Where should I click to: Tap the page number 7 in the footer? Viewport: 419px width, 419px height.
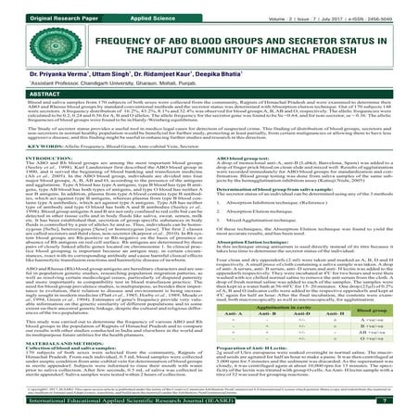[x=407, y=408]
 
